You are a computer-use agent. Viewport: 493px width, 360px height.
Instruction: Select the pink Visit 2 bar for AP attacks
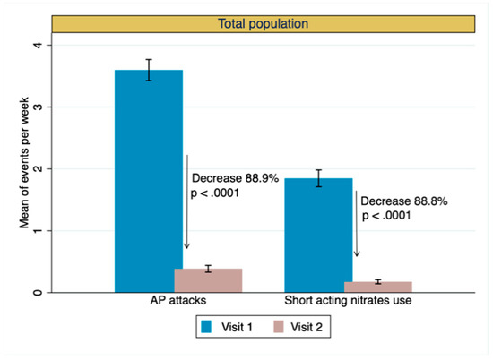[x=208, y=280]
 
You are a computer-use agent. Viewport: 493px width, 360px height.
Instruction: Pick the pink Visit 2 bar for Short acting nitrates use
[x=377, y=287]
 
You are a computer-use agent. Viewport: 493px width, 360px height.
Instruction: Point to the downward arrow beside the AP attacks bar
[x=186, y=201]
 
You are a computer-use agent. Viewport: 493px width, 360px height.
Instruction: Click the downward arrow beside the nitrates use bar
[x=357, y=224]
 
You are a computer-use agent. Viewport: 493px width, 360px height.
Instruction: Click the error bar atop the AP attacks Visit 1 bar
[x=150, y=70]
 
